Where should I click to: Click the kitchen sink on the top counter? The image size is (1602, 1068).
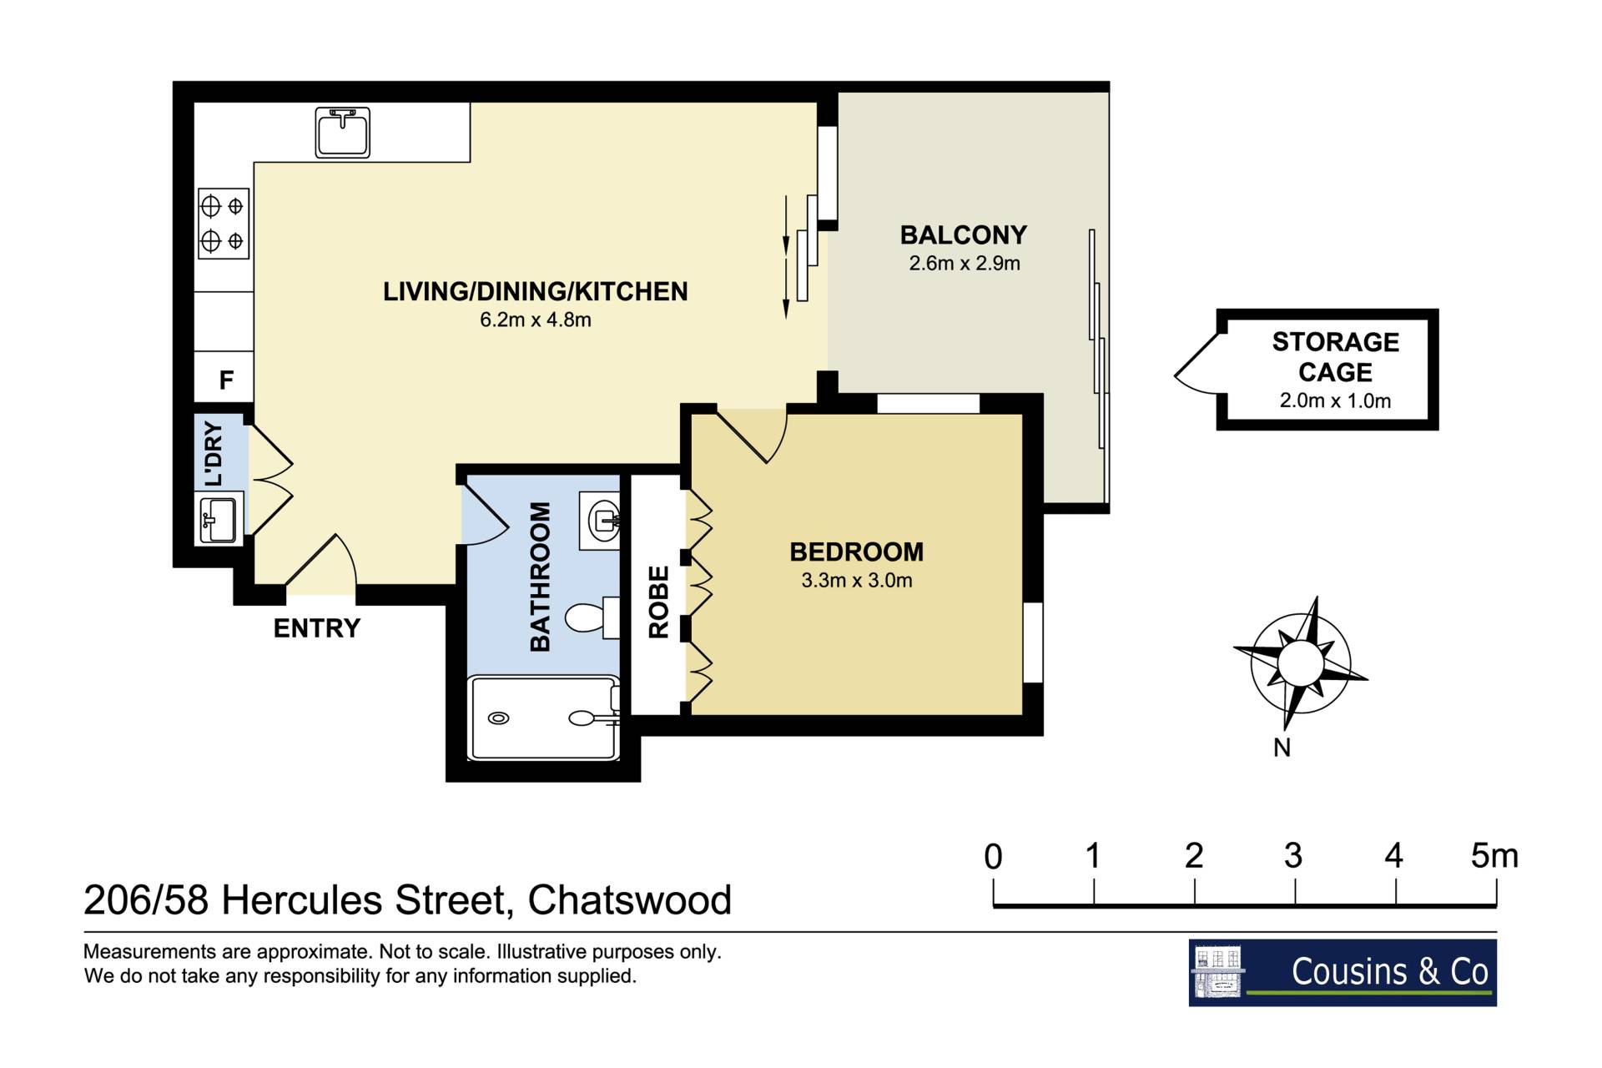[342, 132]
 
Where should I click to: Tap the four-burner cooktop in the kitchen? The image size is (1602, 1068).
[224, 223]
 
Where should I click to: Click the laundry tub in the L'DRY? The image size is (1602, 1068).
[219, 519]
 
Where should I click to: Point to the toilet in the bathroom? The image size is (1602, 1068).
[592, 617]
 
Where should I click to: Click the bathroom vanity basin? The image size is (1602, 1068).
[600, 521]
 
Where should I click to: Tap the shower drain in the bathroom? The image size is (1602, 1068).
[498, 718]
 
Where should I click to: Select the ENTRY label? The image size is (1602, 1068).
[317, 628]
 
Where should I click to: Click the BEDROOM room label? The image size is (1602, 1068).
[857, 552]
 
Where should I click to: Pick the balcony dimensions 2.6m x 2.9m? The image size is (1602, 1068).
[965, 264]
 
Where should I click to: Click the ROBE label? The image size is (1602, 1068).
[658, 602]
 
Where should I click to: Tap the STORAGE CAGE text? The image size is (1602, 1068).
[1335, 357]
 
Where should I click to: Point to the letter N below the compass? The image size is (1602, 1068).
[1282, 748]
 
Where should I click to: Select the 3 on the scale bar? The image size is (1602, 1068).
[1293, 856]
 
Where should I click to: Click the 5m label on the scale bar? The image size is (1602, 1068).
[1494, 856]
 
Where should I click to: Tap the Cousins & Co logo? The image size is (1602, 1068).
[1343, 972]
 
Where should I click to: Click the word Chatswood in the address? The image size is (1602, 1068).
[630, 900]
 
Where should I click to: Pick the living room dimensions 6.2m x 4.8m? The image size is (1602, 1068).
[536, 320]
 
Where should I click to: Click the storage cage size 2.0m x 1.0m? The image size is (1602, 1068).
[1335, 400]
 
